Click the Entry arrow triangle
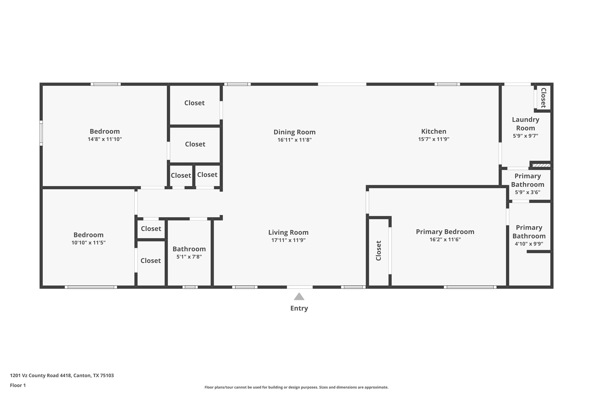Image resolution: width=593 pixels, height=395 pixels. pos(299,297)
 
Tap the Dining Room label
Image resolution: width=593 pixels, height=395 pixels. pos(294,132)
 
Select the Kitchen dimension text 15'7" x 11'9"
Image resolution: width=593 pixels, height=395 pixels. pos(434,139)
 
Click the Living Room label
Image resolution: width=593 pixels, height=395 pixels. pos(288,232)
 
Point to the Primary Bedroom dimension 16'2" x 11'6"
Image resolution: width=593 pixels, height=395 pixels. pos(445,240)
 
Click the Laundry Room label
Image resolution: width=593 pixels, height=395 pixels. pos(525,124)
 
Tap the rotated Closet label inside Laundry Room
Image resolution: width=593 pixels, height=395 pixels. pos(543,98)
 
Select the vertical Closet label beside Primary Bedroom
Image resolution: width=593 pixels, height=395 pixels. pos(378,250)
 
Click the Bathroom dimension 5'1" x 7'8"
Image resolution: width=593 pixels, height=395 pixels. pos(189,257)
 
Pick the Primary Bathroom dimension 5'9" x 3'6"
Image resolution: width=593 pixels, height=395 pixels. pos(527,192)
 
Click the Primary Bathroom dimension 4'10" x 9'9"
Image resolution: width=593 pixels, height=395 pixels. pos(529,244)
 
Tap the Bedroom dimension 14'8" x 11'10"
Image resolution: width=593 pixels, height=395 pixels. pos(105,139)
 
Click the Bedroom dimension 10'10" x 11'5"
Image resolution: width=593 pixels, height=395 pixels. pos(88,243)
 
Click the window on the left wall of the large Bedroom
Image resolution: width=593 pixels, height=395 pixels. pos(41,133)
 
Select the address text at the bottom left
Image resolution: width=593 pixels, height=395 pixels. pos(62,375)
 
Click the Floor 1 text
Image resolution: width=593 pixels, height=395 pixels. pos(18,385)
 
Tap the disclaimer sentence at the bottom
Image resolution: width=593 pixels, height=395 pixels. pos(296,387)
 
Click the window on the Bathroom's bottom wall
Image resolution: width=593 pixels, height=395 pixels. pos(190,287)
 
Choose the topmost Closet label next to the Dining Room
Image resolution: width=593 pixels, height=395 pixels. pos(194,103)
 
